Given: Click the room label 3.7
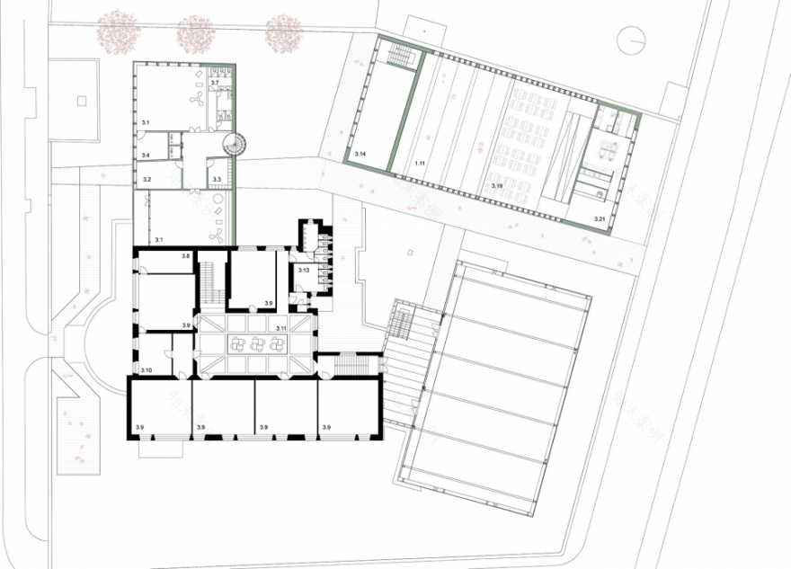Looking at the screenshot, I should click(214, 83).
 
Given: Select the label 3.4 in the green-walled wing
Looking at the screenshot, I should click(146, 156).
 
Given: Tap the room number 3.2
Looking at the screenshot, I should click(146, 180).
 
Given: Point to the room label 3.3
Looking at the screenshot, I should click(217, 180).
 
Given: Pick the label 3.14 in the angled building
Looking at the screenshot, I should click(361, 155).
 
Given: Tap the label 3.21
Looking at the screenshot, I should click(599, 218).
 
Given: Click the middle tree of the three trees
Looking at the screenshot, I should click(196, 33).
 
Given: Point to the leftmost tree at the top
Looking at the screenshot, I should click(118, 31).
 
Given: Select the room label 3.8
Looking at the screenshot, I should click(185, 257).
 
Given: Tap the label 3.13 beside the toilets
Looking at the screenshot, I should click(304, 270).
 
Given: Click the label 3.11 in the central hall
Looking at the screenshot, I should click(281, 328).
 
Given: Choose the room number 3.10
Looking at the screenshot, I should click(147, 369).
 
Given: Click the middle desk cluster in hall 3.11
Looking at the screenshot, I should click(257, 343).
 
